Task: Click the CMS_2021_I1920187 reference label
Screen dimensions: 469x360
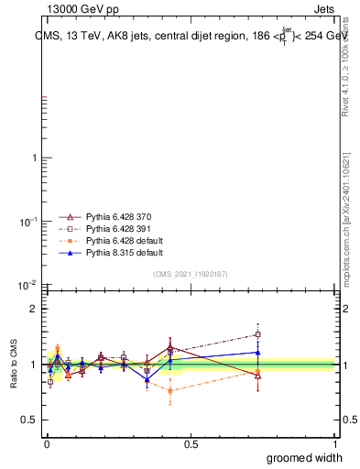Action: point(190,274)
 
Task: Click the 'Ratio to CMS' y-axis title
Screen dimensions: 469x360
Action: point(15,362)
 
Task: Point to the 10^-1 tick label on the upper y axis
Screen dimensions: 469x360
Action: point(27,222)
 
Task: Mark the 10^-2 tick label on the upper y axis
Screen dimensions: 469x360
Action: point(27,286)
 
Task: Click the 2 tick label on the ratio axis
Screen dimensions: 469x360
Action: point(33,309)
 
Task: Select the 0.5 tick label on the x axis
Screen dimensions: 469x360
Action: point(191,443)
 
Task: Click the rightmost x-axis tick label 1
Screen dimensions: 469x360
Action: point(335,443)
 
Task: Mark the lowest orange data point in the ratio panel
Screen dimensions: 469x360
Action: point(170,390)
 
